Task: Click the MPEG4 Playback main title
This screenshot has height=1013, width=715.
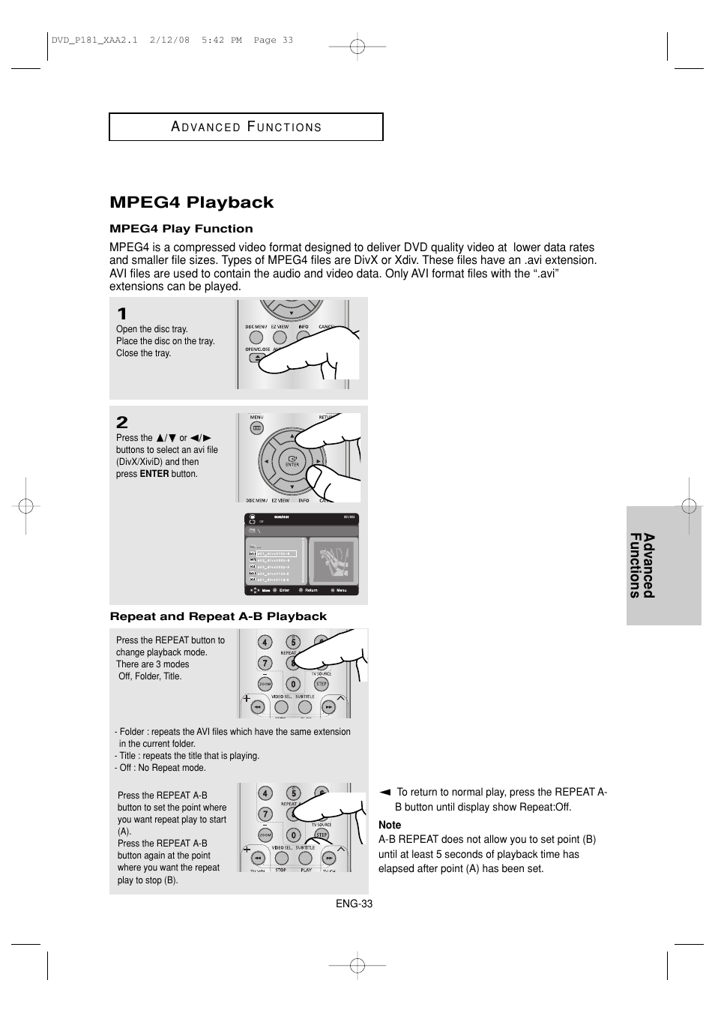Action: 192,202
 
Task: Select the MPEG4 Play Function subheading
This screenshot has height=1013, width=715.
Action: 181,229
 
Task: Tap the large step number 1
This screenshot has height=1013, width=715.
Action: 121,314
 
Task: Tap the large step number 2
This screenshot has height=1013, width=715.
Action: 122,422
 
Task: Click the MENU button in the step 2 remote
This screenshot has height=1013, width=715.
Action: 256,428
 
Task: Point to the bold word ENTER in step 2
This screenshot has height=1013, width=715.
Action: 154,474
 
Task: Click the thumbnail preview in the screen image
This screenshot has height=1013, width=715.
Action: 333,562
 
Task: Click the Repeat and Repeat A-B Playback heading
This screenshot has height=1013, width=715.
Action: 218,616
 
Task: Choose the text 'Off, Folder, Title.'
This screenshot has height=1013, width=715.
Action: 150,676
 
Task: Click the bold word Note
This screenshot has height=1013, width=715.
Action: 390,825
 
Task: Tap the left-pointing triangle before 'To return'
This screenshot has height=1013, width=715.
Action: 384,792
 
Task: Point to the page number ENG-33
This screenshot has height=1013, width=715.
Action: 354,904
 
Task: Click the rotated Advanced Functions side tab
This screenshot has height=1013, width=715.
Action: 642,565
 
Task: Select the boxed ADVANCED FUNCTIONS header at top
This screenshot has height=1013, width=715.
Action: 246,127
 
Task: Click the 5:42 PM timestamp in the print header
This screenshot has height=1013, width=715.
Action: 221,40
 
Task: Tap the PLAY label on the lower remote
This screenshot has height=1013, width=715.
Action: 306,870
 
